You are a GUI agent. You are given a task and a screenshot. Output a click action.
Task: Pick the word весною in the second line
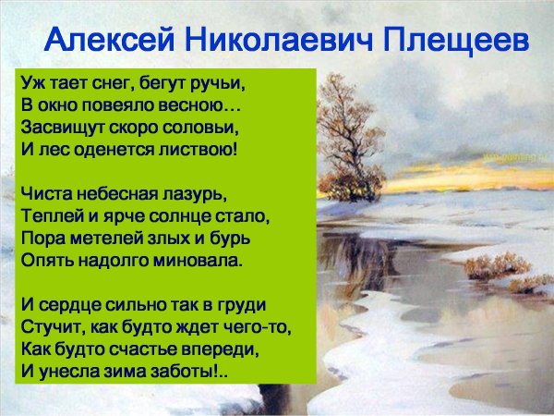188,102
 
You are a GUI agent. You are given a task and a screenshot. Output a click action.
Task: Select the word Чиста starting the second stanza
44,198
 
